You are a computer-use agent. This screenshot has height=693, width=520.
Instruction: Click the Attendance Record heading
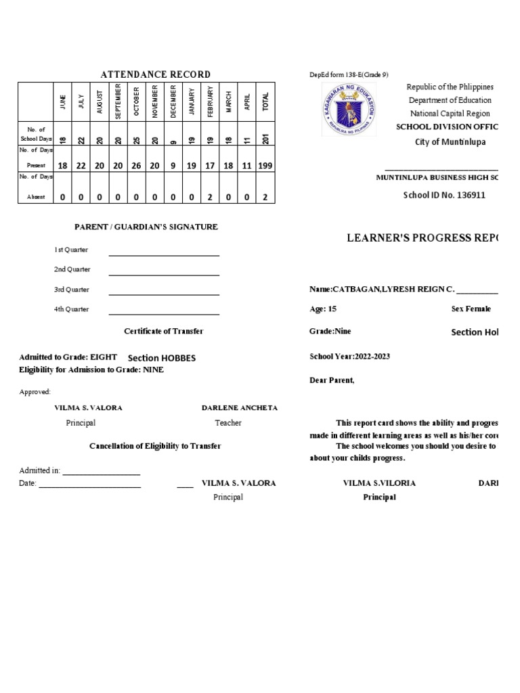(155, 74)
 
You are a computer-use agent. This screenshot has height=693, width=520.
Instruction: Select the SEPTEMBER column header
(118, 102)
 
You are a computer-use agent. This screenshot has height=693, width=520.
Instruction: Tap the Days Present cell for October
(136, 165)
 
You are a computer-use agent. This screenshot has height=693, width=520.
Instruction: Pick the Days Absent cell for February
(211, 197)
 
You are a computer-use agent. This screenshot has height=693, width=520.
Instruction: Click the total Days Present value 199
(265, 165)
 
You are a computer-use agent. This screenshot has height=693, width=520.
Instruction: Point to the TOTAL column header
(265, 102)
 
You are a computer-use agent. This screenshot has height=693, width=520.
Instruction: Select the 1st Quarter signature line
(164, 254)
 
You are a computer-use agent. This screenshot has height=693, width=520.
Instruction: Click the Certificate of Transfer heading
(163, 331)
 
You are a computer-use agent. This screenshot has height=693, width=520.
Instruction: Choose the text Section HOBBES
(162, 357)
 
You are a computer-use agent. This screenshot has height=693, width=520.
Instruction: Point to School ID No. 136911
(444, 195)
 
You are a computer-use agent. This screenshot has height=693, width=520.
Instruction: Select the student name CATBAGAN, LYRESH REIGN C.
(382, 289)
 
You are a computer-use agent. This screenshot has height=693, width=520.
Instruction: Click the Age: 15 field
(323, 309)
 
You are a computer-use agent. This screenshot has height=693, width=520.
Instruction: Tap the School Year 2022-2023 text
(349, 357)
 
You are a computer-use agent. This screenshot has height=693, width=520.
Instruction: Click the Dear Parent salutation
(332, 380)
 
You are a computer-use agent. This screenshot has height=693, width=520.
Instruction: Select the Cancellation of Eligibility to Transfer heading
(155, 446)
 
